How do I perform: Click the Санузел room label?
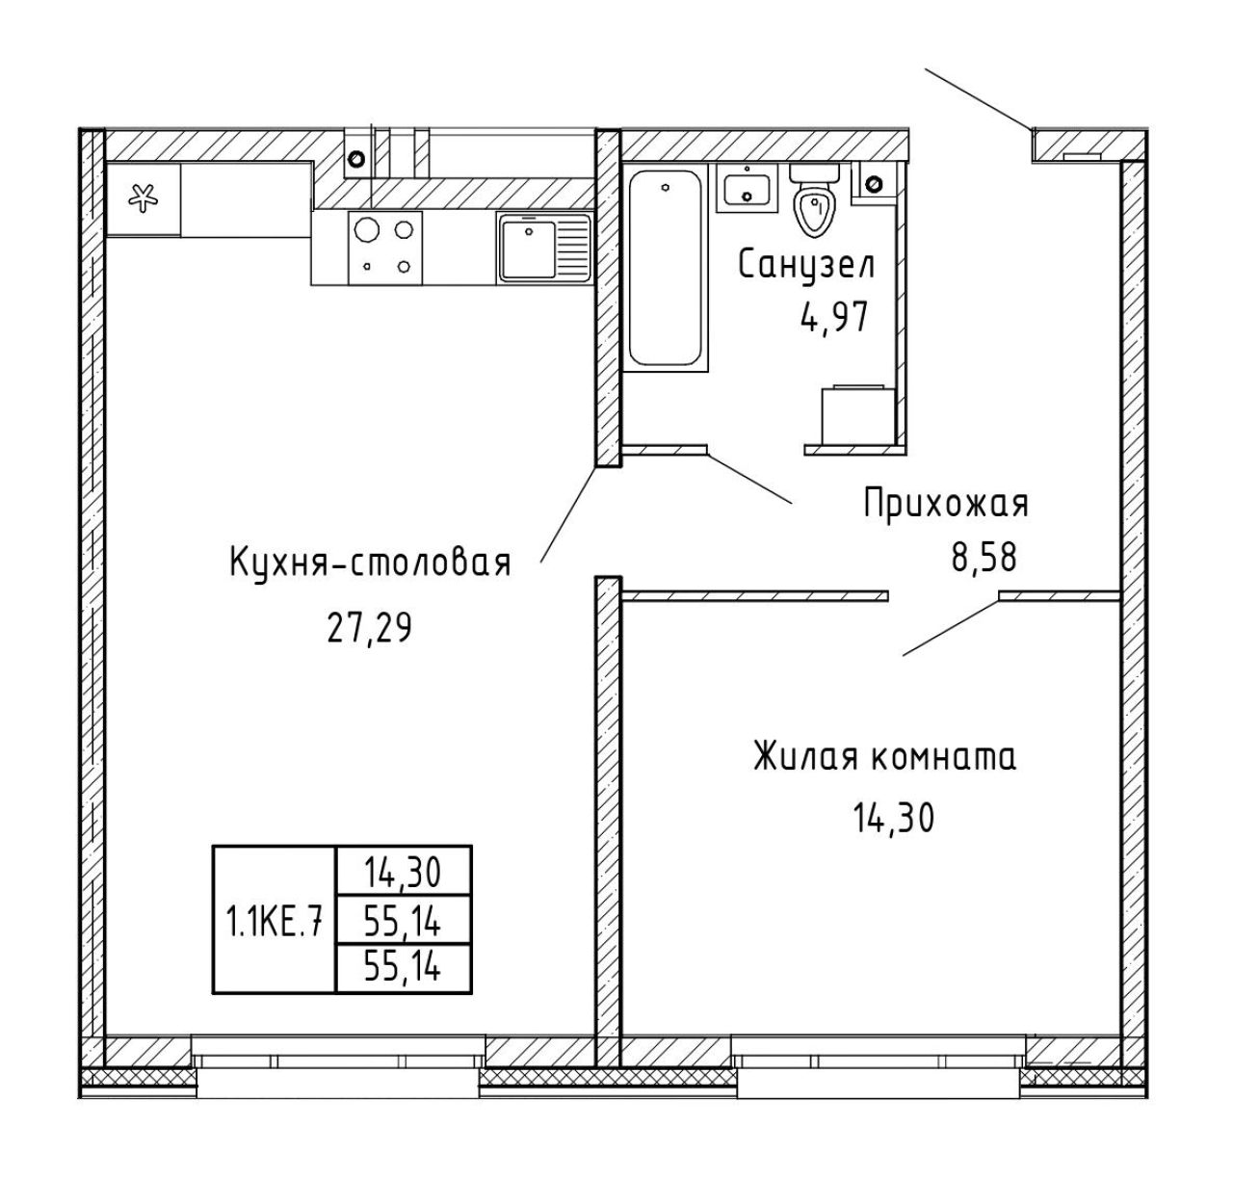point(806,265)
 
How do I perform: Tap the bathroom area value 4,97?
point(834,317)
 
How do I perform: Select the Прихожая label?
point(946,505)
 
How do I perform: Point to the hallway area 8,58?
point(984,558)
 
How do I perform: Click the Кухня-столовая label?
point(370,563)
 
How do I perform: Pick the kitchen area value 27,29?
point(369,629)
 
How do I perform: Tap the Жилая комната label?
point(884,757)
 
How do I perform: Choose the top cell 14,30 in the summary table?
point(403,873)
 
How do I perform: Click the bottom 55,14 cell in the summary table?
point(403,967)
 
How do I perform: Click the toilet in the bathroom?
point(815,198)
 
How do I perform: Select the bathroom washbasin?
point(747,188)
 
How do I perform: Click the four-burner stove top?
point(385,248)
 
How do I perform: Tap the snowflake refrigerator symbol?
point(144,198)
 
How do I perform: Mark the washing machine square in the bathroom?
point(858,414)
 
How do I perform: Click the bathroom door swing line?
point(749,479)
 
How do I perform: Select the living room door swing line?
point(951,627)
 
